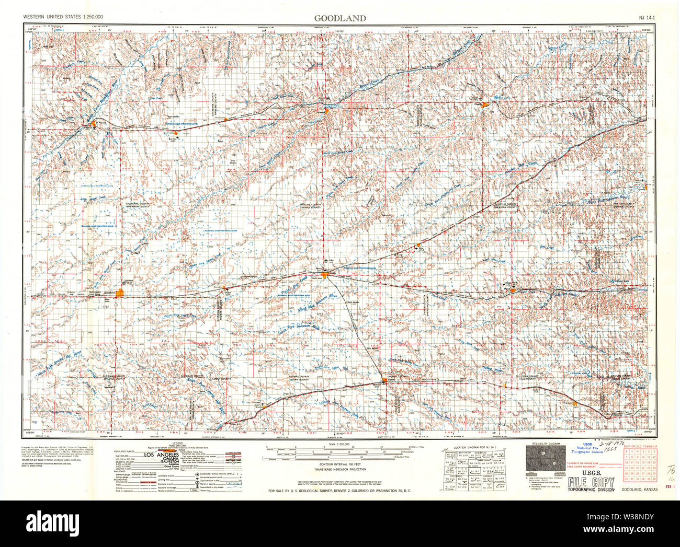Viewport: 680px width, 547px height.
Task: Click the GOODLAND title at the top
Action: (x=339, y=18)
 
